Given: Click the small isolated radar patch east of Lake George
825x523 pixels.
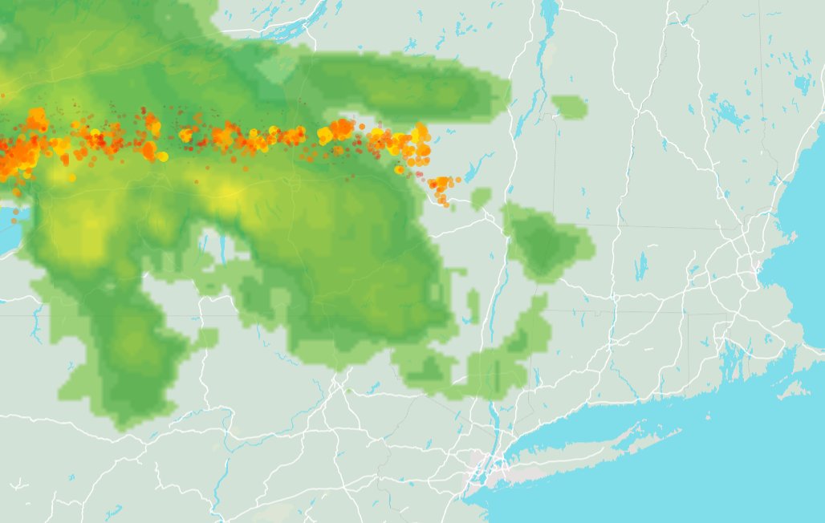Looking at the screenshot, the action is click(x=570, y=107).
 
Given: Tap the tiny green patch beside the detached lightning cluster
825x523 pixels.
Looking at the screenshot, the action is click(x=482, y=197).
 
